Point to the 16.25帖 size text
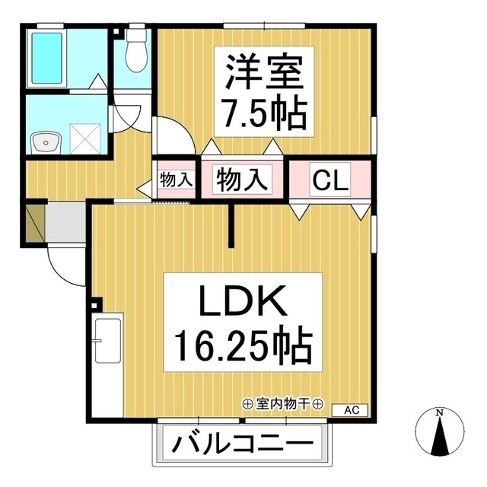coord(243,347)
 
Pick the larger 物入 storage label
coord(243,180)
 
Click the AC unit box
coord(352,410)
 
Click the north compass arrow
coord(440,438)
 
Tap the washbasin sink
coord(46,141)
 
